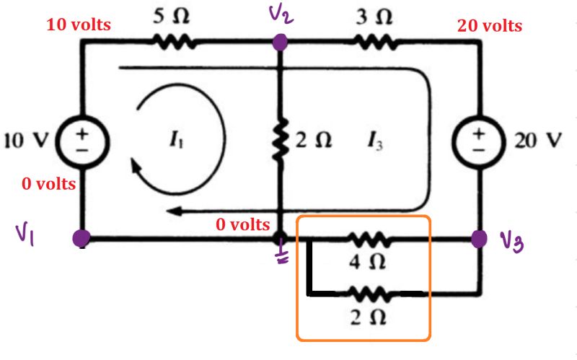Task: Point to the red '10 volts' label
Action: (x=79, y=25)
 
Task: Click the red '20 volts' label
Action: (x=490, y=26)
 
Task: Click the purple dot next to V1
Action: (x=82, y=238)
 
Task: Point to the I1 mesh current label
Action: (x=175, y=141)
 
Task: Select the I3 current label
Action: (x=377, y=142)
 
